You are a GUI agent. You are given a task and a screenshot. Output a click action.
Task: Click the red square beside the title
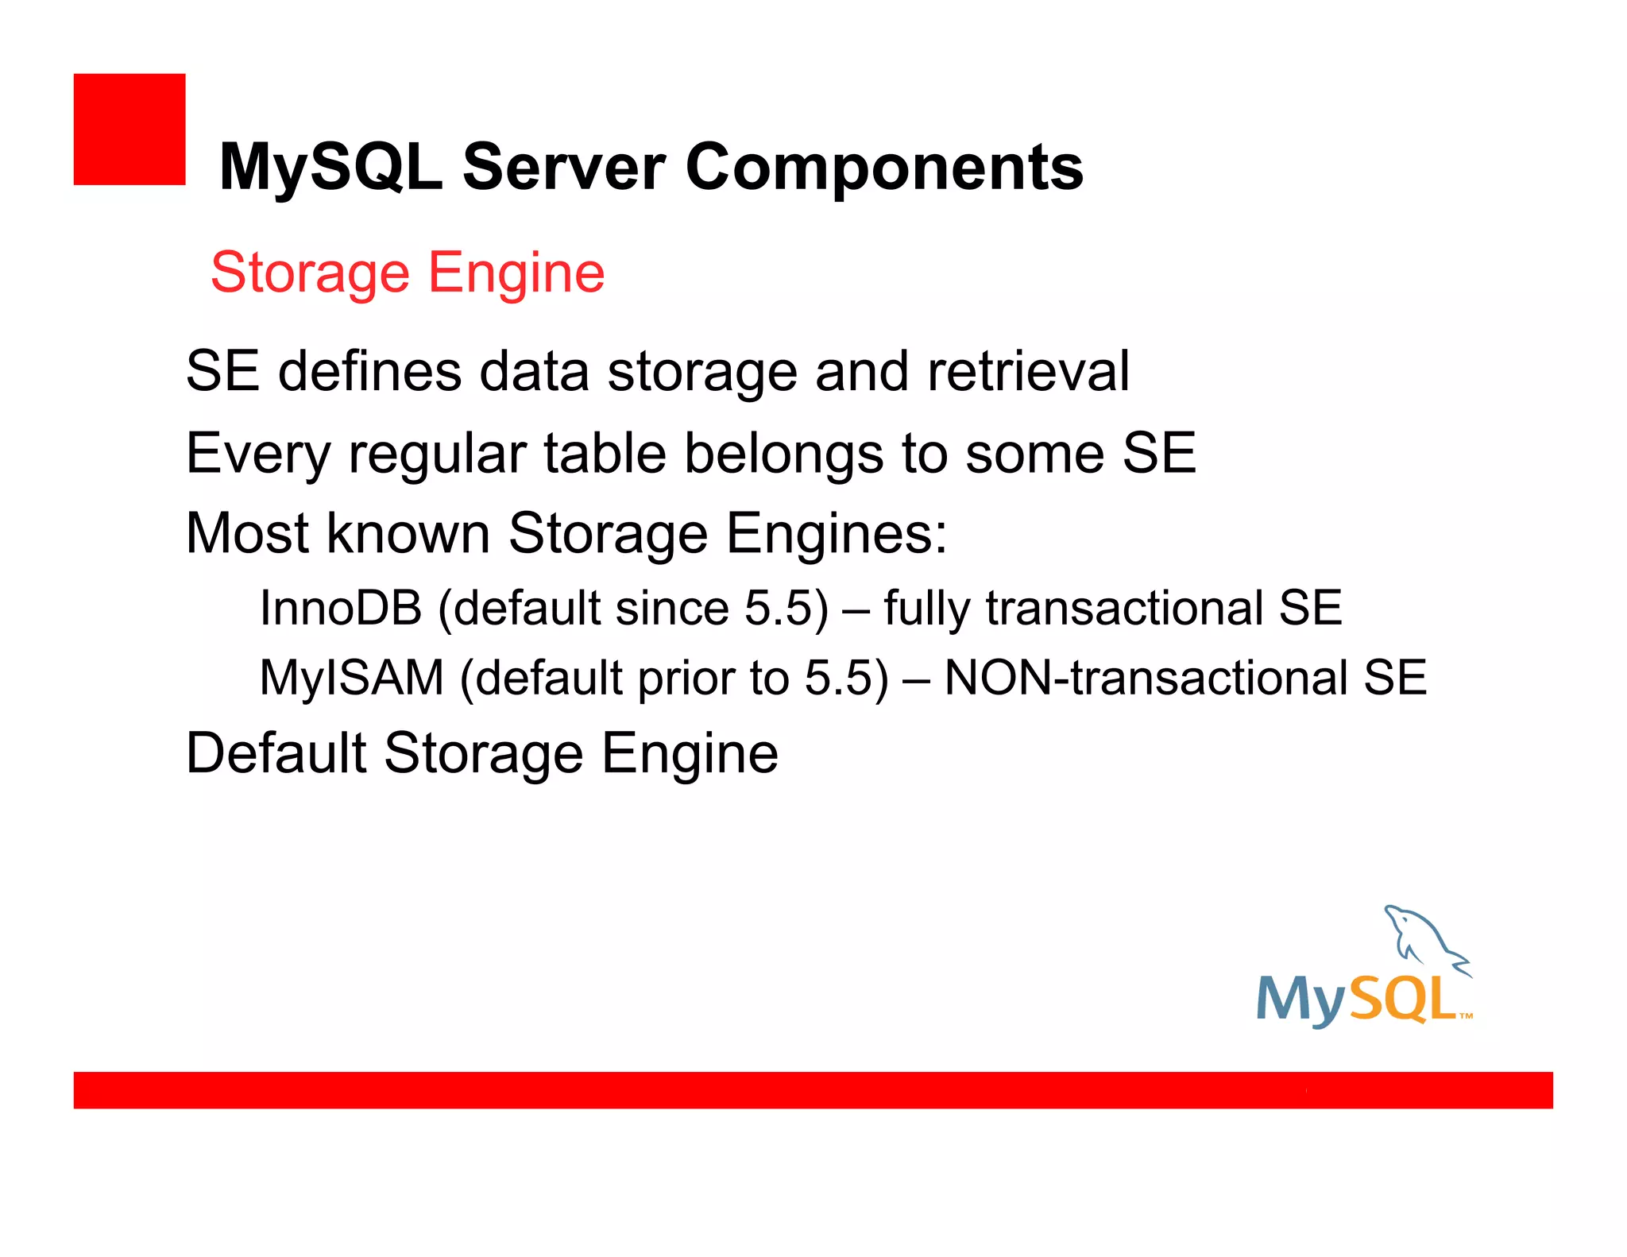129,130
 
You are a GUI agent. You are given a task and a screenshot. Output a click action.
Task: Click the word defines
369,371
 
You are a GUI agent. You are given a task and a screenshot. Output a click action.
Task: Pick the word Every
257,454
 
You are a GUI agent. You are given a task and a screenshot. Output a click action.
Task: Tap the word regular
438,454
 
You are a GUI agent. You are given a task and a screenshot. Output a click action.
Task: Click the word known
408,533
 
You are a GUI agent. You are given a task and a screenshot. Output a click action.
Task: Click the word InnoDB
341,609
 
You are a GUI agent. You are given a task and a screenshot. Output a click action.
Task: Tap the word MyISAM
352,679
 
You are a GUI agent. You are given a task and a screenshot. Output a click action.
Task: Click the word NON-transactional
1146,679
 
